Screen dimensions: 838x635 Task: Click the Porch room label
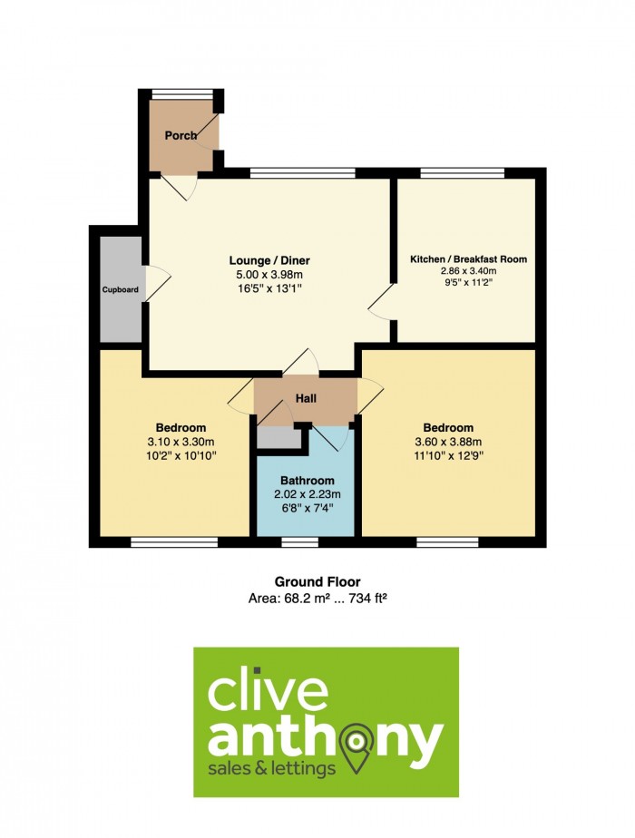[181, 135]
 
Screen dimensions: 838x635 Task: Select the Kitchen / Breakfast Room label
[468, 259]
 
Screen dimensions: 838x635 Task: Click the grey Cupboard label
[120, 290]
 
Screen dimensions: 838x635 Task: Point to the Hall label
[306, 399]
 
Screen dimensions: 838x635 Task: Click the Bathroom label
[307, 481]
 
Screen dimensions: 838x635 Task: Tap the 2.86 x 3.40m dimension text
[468, 271]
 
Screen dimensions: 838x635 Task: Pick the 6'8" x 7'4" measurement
[307, 508]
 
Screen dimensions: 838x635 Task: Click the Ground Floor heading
[317, 582]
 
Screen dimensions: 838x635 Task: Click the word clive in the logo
[268, 692]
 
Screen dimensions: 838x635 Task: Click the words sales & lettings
[272, 769]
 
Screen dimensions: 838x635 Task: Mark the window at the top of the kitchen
[463, 172]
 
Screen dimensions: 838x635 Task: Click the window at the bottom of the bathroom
[299, 542]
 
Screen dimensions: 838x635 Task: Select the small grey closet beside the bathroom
[278, 439]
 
